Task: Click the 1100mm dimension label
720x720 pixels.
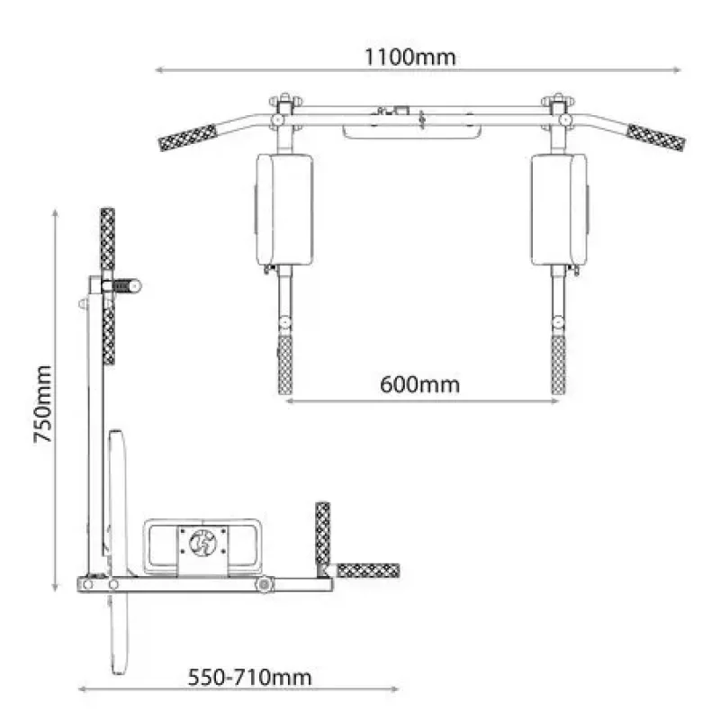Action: [409, 58]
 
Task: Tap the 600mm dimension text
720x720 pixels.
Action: [419, 384]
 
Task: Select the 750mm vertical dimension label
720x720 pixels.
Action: [43, 404]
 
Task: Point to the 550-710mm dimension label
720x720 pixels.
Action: [250, 678]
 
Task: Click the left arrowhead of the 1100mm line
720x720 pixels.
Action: [159, 70]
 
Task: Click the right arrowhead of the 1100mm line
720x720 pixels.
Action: [677, 70]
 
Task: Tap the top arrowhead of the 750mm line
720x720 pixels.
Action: [55, 214]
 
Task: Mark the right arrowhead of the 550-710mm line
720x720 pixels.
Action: [394, 688]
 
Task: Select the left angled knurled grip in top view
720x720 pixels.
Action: [188, 138]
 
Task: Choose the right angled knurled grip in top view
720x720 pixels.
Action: [656, 138]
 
